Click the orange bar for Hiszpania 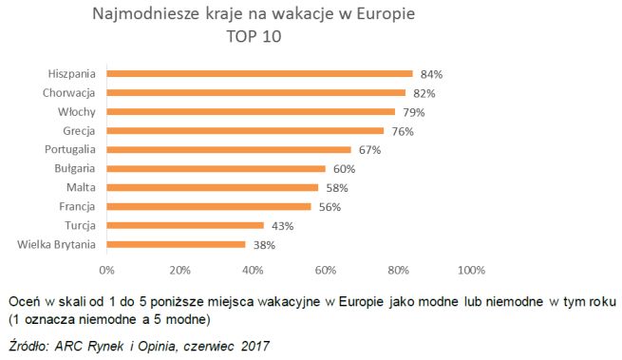click(259, 73)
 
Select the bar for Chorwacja click(255, 92)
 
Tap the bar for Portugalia click(228, 149)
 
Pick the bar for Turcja click(184, 225)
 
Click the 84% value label click(431, 73)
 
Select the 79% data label click(413, 112)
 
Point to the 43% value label click(282, 226)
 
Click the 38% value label click(264, 245)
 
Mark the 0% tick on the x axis click(106, 270)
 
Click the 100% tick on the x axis click(471, 270)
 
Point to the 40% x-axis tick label click(253, 270)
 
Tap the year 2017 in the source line click(252, 345)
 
